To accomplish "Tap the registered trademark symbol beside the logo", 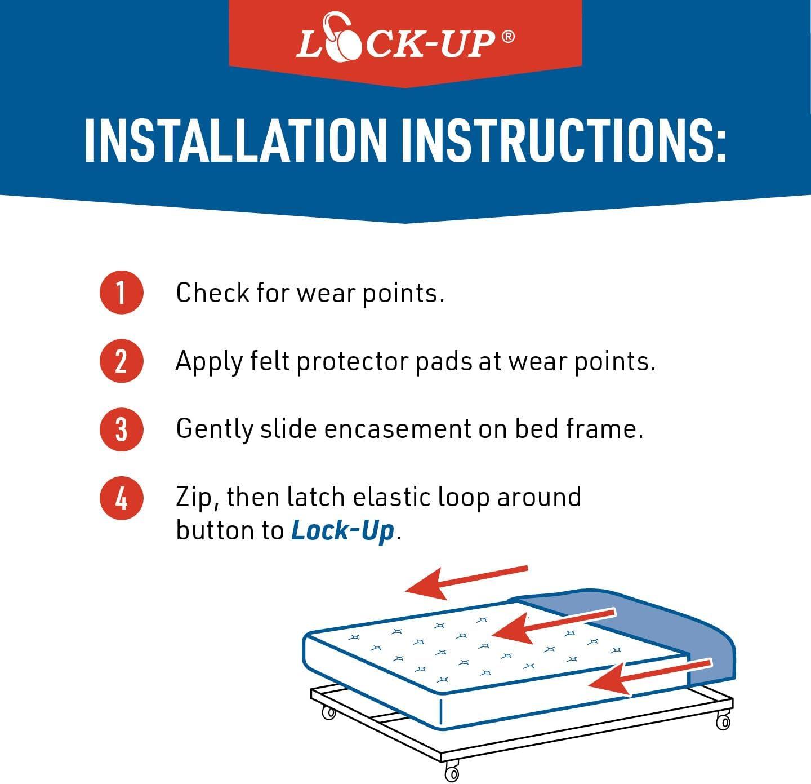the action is pyautogui.click(x=508, y=37).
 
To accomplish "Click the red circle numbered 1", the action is pyautogui.click(x=121, y=292).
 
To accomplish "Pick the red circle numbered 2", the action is pyautogui.click(x=121, y=361).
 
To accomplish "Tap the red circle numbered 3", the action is pyautogui.click(x=121, y=429).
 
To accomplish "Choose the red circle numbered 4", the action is pyautogui.click(x=121, y=498).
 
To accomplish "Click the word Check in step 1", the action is pyautogui.click(x=212, y=293).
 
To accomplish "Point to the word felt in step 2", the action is pyautogui.click(x=270, y=361).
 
